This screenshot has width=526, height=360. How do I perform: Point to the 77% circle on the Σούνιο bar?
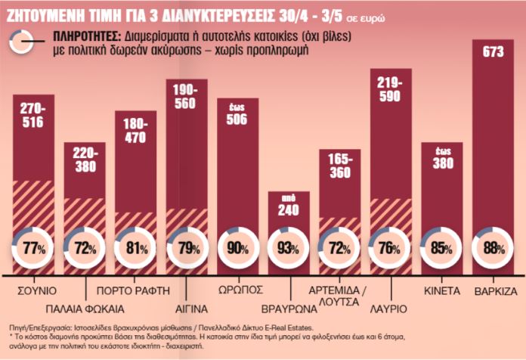coord(32,249)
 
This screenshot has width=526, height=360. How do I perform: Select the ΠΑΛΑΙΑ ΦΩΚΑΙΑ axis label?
coord(84,309)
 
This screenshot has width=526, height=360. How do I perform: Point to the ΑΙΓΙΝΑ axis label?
coord(186,309)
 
